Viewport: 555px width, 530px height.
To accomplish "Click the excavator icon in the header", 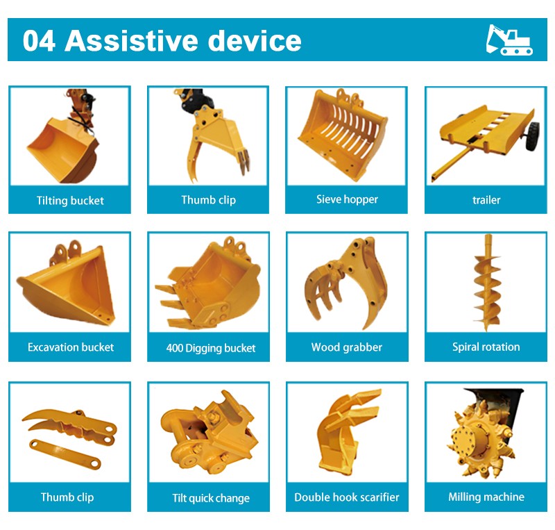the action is [x=509, y=40].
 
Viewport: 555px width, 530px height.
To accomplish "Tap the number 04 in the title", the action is [x=39, y=41].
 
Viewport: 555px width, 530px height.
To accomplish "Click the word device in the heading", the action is [x=254, y=41].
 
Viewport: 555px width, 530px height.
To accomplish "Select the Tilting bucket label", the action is [x=70, y=201].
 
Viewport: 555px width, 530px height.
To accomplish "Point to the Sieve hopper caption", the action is [x=347, y=199].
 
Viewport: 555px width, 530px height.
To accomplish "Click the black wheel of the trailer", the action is [x=533, y=136].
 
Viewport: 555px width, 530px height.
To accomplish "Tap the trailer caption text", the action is [x=486, y=200].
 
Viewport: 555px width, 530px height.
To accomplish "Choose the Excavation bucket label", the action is [x=71, y=347].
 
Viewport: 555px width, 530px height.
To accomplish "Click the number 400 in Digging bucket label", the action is [x=175, y=348].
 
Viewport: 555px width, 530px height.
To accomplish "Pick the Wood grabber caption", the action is [x=346, y=347].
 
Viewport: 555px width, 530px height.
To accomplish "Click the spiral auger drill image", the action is [x=488, y=283].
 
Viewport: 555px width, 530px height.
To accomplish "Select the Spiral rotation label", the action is [x=486, y=347].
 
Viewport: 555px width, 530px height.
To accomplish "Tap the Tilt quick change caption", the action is [x=211, y=498].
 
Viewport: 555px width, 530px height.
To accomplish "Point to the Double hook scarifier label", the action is [x=346, y=497].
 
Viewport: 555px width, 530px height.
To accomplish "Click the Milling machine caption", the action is [x=486, y=497].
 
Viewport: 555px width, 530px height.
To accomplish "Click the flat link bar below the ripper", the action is [x=65, y=454].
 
